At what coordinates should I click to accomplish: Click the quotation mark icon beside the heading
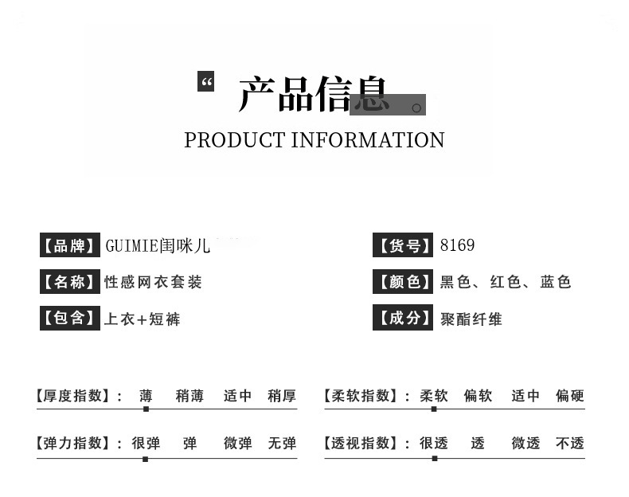(x=206, y=81)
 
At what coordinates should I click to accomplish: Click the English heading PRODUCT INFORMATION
(x=314, y=140)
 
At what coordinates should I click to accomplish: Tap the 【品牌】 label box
(x=69, y=245)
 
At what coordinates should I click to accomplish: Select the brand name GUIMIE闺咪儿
(x=158, y=245)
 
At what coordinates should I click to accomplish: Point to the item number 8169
(x=457, y=245)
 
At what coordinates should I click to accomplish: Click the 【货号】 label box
(x=404, y=245)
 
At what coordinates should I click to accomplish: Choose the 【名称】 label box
(x=69, y=282)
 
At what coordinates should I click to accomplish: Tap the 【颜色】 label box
(x=404, y=282)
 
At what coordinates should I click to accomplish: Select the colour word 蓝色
(x=556, y=282)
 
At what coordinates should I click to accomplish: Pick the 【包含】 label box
(x=69, y=319)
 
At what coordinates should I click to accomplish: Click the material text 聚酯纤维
(x=471, y=319)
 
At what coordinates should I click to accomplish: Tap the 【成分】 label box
(x=404, y=319)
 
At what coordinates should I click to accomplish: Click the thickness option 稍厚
(x=282, y=396)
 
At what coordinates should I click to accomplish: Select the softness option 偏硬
(x=570, y=396)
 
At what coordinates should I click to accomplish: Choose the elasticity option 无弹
(x=282, y=444)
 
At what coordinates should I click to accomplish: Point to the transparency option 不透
(x=570, y=444)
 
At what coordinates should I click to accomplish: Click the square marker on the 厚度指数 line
(x=146, y=409)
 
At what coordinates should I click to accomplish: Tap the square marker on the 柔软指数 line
(x=434, y=409)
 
